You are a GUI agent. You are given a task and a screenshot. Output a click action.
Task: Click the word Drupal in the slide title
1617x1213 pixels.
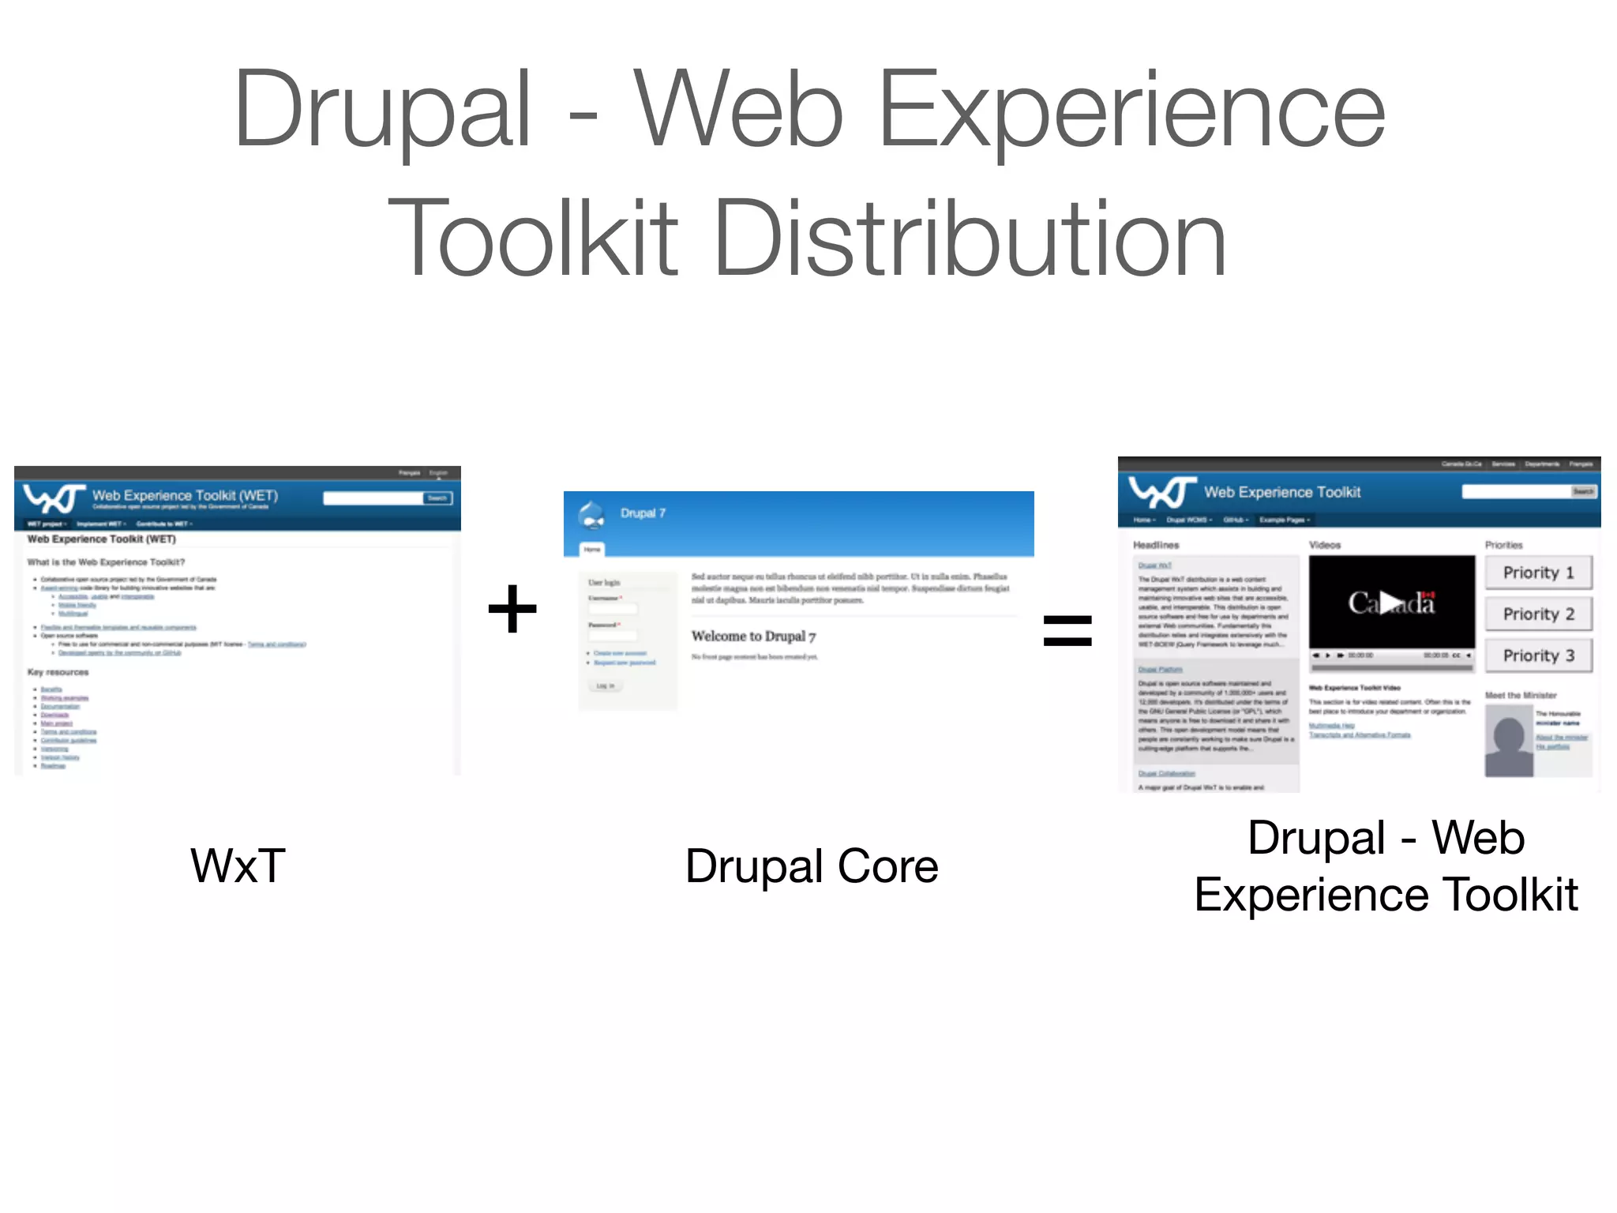(382, 111)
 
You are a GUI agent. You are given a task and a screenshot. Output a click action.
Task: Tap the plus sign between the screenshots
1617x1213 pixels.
(512, 609)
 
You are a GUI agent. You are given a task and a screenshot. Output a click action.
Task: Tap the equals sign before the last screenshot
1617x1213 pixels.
(1067, 630)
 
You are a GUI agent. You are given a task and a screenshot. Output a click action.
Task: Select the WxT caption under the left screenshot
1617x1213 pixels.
(238, 866)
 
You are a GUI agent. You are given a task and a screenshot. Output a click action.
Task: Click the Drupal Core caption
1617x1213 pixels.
(812, 866)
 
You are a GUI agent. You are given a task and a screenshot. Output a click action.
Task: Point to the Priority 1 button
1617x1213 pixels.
(1537, 573)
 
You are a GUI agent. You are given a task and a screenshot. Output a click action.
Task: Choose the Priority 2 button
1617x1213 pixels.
(1537, 614)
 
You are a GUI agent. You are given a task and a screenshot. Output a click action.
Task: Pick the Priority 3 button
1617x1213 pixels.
(1537, 655)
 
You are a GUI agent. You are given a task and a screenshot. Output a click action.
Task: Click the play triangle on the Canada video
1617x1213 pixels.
(1391, 603)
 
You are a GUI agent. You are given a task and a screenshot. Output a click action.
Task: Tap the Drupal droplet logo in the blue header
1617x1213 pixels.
(591, 515)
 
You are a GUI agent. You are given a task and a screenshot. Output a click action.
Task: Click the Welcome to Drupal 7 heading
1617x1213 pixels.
(753, 636)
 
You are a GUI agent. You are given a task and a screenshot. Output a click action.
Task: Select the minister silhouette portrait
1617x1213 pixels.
(1508, 741)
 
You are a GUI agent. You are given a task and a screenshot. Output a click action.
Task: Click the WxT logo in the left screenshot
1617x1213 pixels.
(54, 498)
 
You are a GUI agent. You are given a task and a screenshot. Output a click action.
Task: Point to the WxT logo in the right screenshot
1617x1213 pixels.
(1161, 492)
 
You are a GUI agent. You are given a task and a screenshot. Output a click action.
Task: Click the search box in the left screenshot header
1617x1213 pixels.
(373, 498)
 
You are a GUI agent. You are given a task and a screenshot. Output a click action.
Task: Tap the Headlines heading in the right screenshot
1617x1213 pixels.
(1156, 545)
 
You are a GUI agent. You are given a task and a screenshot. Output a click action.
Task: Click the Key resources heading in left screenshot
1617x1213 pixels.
(58, 672)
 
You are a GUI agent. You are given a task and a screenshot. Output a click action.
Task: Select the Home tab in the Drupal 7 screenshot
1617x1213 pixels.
(592, 549)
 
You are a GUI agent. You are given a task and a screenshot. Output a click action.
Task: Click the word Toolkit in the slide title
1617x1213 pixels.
(534, 238)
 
